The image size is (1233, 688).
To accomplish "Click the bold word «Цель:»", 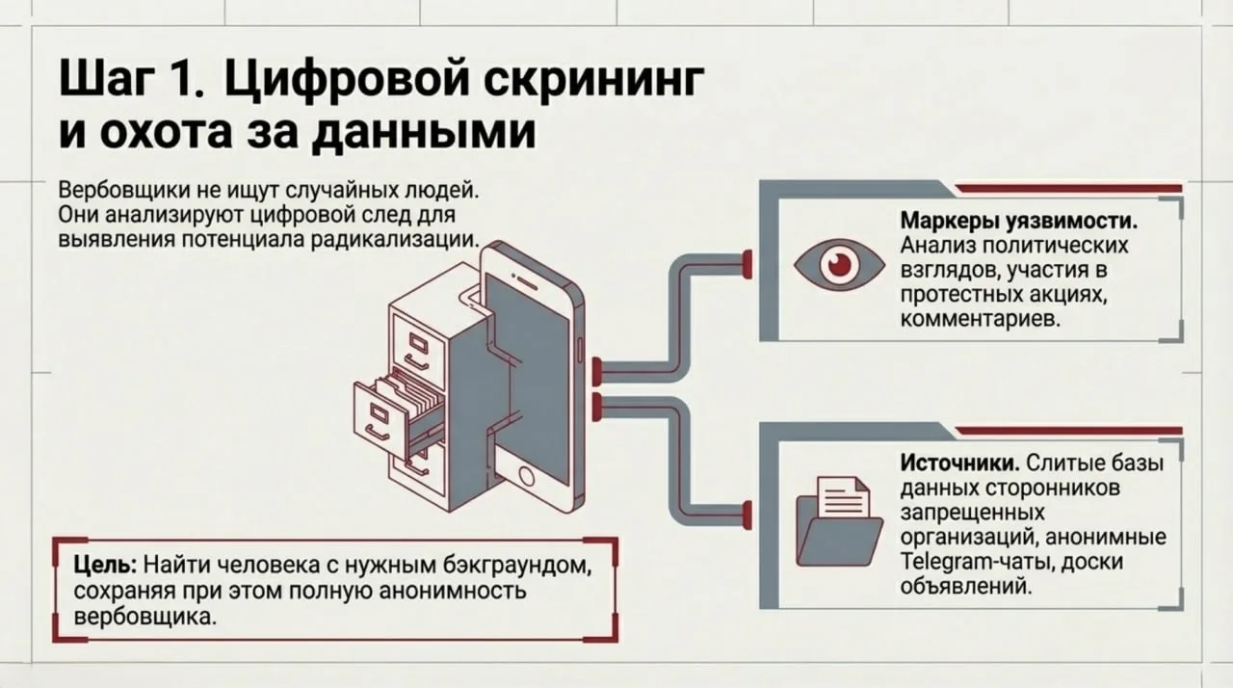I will pyautogui.click(x=108, y=564).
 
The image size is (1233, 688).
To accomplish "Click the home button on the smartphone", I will pyautogui.click(x=526, y=475).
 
